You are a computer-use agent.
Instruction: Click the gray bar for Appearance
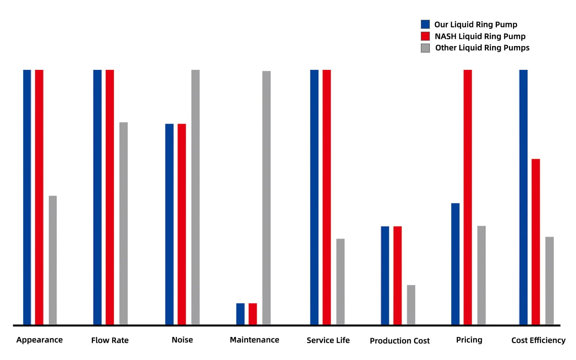(x=53, y=260)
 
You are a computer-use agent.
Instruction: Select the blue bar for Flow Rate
(x=97, y=197)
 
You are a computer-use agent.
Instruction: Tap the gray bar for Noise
(x=195, y=197)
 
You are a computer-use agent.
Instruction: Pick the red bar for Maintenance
(x=253, y=314)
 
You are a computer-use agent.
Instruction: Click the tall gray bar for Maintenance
(x=266, y=198)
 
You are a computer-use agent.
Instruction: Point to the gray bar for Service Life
(x=340, y=281)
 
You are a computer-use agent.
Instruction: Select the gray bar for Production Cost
(x=411, y=305)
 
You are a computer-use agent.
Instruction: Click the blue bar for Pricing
(x=455, y=264)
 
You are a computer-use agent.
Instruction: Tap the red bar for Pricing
(x=468, y=197)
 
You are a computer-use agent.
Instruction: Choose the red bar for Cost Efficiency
(x=536, y=242)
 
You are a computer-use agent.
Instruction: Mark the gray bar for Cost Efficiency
(x=549, y=280)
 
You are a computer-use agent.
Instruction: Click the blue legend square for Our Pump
(x=425, y=24)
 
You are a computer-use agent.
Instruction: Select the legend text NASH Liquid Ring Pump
(x=480, y=36)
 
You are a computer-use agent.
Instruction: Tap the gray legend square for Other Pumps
(x=425, y=48)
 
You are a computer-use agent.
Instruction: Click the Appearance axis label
(x=40, y=340)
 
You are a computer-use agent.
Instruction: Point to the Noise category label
(x=182, y=340)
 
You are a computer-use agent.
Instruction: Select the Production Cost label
(x=400, y=341)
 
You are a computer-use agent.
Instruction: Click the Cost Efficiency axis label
(x=538, y=340)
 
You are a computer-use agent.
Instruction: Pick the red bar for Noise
(x=182, y=224)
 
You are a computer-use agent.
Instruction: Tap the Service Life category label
(x=328, y=340)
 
